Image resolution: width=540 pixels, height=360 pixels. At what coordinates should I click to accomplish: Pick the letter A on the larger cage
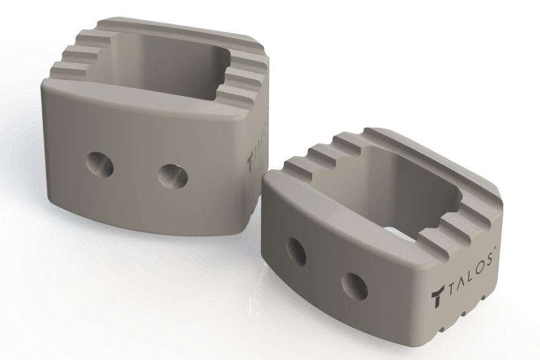[x=257, y=153]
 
